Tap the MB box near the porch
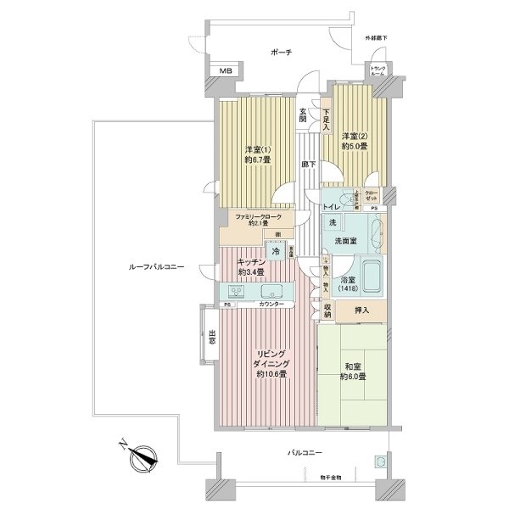coord(225,71)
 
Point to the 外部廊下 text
coord(377,39)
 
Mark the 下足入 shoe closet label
coord(326,117)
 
